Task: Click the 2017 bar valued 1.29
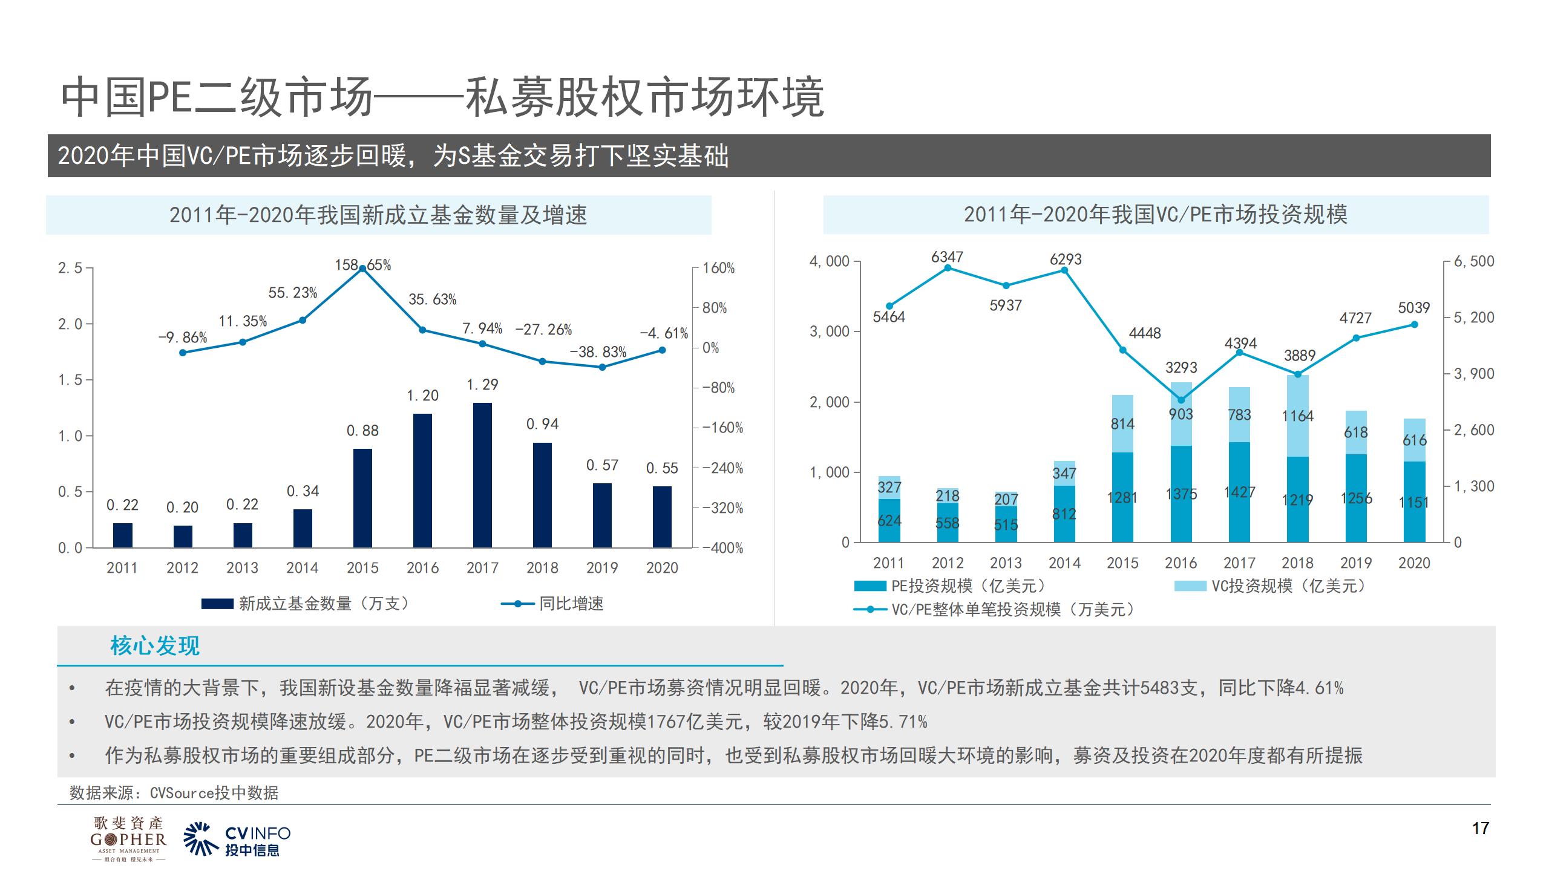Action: pyautogui.click(x=482, y=475)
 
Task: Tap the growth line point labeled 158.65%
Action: pyautogui.click(x=362, y=269)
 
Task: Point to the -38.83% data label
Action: pyautogui.click(x=598, y=352)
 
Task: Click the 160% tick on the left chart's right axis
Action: pyautogui.click(x=718, y=268)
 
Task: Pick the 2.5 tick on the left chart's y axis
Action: pyautogui.click(x=70, y=268)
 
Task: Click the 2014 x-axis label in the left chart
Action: pyautogui.click(x=302, y=568)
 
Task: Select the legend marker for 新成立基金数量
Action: pyautogui.click(x=217, y=604)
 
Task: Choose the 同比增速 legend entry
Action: pyautogui.click(x=571, y=604)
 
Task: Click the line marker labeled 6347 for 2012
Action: pyautogui.click(x=948, y=267)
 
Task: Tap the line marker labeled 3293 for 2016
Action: pyautogui.click(x=1181, y=400)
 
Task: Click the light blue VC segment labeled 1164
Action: pyautogui.click(x=1297, y=416)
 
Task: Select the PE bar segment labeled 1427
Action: pyautogui.click(x=1239, y=492)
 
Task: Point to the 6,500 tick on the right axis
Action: pyautogui.click(x=1474, y=261)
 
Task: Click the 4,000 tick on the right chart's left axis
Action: pyautogui.click(x=829, y=261)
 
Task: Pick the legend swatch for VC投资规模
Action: pyautogui.click(x=1190, y=586)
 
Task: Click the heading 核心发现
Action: pyautogui.click(x=155, y=646)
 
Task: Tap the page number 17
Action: pyautogui.click(x=1480, y=828)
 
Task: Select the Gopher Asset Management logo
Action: pyautogui.click(x=128, y=839)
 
